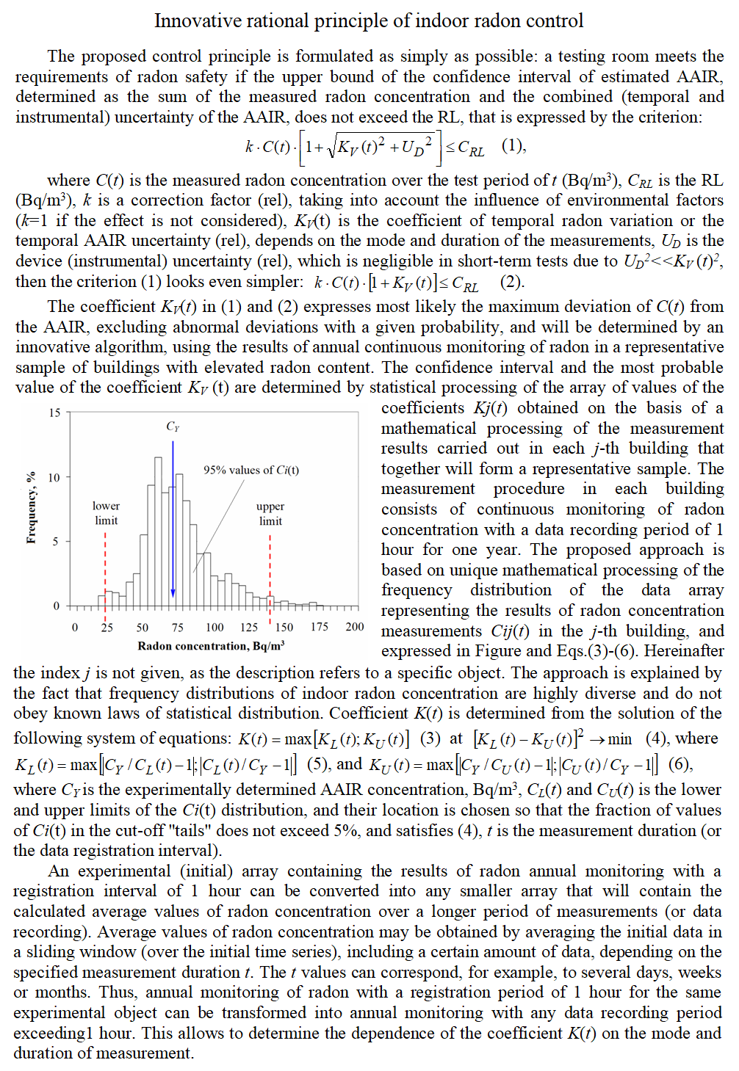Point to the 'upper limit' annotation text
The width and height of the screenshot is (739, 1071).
(270, 513)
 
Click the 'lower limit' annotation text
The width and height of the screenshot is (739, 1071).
(106, 513)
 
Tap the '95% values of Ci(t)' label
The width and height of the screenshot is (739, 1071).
(251, 470)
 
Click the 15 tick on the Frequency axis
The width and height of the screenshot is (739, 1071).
(55, 413)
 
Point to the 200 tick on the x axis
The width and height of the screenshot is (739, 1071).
(354, 627)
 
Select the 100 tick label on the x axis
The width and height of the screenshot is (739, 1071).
(215, 627)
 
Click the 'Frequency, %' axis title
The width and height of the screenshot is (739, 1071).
(31, 507)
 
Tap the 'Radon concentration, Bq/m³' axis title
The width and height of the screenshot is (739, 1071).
(211, 646)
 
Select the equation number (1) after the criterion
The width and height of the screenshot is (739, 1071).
(513, 145)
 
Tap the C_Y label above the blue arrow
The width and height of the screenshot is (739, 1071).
(173, 426)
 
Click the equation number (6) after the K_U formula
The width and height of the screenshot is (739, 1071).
(679, 764)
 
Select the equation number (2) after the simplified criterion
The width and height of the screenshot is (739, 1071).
(512, 283)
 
